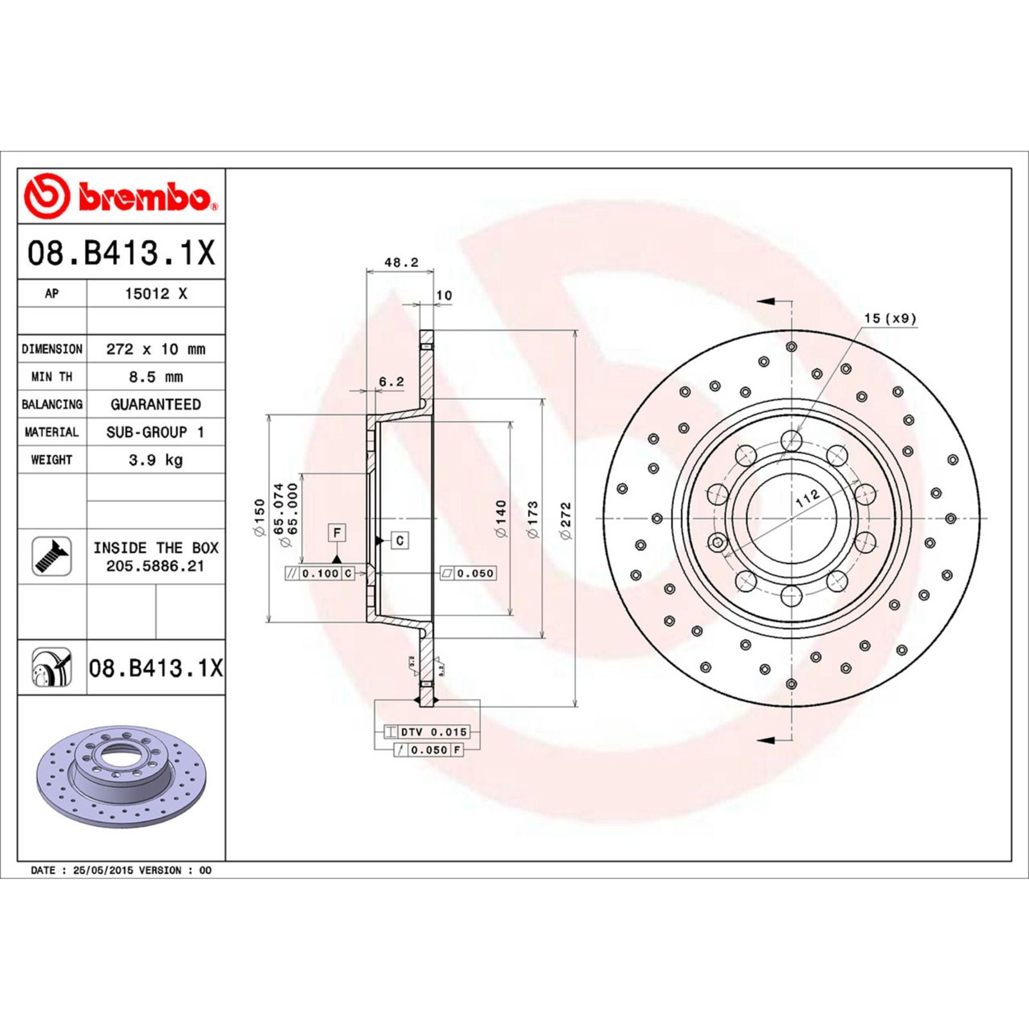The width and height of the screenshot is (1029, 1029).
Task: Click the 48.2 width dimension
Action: pyautogui.click(x=401, y=262)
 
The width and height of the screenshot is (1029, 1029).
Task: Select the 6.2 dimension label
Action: pyautogui.click(x=391, y=381)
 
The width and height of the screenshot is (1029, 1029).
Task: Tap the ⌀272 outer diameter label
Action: pyautogui.click(x=566, y=521)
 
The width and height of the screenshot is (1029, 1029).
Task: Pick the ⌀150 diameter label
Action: pyautogui.click(x=259, y=518)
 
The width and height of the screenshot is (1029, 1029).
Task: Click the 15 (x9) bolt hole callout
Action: pyautogui.click(x=889, y=318)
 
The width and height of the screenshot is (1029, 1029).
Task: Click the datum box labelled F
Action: pyautogui.click(x=336, y=533)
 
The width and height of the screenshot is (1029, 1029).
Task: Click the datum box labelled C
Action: pyautogui.click(x=399, y=540)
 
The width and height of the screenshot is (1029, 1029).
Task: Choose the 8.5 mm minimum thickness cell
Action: pyautogui.click(x=156, y=377)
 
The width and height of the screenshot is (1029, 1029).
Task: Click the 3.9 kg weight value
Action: pyautogui.click(x=156, y=460)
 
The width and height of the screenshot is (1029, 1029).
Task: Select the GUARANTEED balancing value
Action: pyautogui.click(x=156, y=405)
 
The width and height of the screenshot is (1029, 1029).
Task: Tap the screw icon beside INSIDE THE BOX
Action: pyautogui.click(x=51, y=556)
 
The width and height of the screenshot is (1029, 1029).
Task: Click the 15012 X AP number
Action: pyautogui.click(x=156, y=294)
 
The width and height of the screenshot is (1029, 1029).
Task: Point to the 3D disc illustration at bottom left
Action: pyautogui.click(x=121, y=775)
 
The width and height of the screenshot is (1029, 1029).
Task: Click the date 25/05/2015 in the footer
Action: pyautogui.click(x=103, y=870)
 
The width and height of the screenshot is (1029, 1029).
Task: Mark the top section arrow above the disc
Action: pyautogui.click(x=769, y=301)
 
